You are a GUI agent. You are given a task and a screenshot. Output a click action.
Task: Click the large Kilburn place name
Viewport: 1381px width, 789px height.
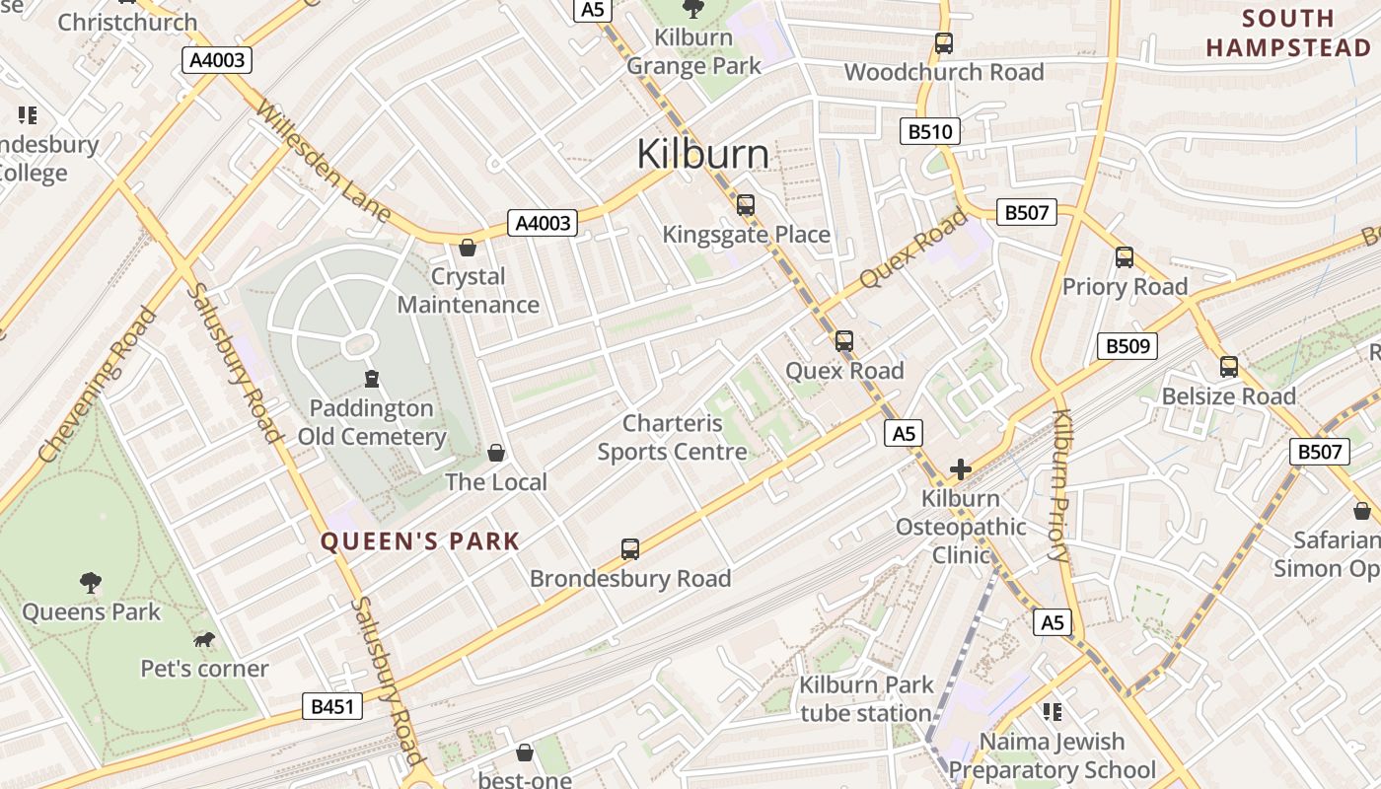click(x=702, y=154)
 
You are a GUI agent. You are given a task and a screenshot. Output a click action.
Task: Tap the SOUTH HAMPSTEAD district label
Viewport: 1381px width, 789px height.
click(x=1288, y=33)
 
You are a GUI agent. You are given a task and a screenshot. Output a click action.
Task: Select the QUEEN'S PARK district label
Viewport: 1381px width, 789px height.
click(x=420, y=540)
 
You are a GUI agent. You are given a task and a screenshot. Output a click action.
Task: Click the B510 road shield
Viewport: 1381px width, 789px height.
click(x=929, y=131)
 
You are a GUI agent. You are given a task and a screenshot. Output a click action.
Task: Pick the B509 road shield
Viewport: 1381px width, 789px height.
click(x=1127, y=346)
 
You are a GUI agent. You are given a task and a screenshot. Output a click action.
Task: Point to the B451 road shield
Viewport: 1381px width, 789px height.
click(x=331, y=706)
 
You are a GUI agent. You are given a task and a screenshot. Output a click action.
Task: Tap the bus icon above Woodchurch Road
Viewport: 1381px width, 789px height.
click(x=944, y=43)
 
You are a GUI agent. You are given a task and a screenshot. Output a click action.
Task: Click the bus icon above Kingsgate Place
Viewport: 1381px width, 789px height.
click(x=746, y=205)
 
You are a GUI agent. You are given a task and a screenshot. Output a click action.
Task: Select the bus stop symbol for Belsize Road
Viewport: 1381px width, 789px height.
click(x=1228, y=367)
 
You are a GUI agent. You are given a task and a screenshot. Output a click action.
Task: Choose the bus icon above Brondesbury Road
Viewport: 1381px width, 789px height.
click(x=630, y=549)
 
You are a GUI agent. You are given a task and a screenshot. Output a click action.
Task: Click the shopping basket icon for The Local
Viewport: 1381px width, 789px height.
click(x=496, y=453)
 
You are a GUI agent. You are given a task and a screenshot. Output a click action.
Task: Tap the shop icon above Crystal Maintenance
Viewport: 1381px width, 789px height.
click(x=468, y=248)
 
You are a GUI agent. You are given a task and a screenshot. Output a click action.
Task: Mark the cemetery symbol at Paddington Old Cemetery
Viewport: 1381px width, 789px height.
click(x=372, y=379)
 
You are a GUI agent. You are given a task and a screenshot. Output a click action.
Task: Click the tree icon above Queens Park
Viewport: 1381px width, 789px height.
click(x=91, y=583)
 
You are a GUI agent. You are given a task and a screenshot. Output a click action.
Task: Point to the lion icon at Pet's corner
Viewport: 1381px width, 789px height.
click(x=204, y=641)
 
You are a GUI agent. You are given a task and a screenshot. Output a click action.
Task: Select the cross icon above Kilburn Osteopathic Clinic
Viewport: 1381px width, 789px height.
click(x=961, y=469)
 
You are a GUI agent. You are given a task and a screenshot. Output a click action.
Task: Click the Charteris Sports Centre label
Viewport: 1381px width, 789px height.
click(x=672, y=438)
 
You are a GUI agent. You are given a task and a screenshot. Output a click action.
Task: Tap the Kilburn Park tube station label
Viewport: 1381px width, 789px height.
click(x=865, y=699)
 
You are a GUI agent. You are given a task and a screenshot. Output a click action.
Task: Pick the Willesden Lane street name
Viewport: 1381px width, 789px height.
click(x=322, y=159)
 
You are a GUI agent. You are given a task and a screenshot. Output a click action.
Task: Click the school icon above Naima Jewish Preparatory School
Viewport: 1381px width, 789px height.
click(x=1052, y=712)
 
